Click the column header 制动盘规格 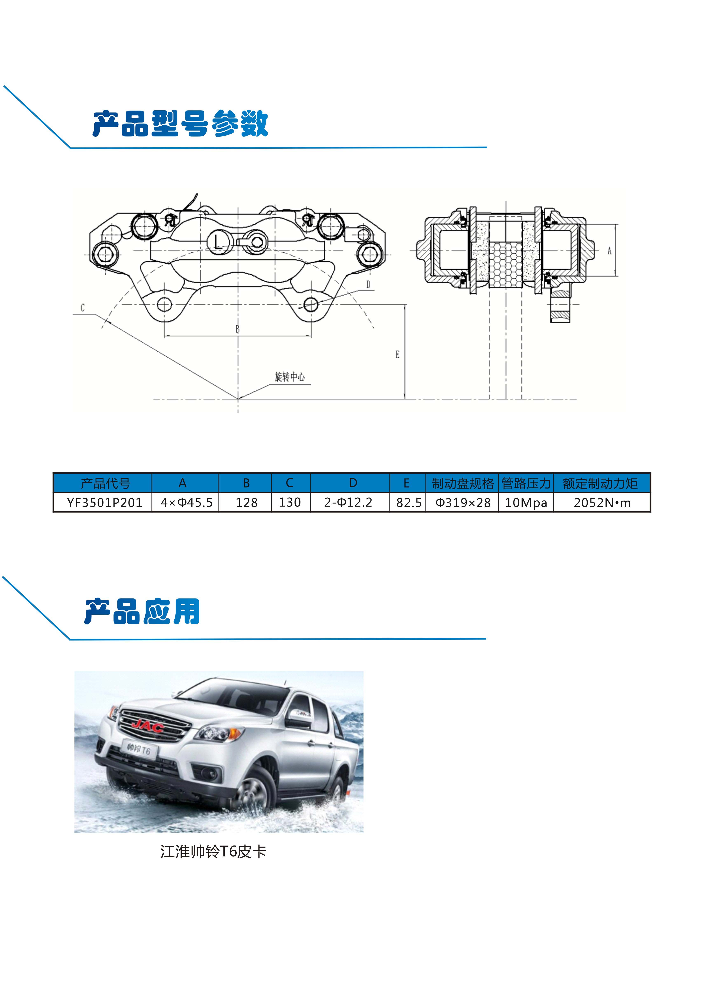click(x=463, y=483)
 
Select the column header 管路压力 click(x=526, y=483)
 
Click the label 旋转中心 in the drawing click(x=290, y=377)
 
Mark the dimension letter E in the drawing click(x=397, y=354)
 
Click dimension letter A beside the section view click(x=609, y=251)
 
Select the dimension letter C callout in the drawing click(x=82, y=308)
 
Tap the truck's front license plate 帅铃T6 click(x=138, y=749)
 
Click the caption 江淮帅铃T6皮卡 click(x=213, y=851)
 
